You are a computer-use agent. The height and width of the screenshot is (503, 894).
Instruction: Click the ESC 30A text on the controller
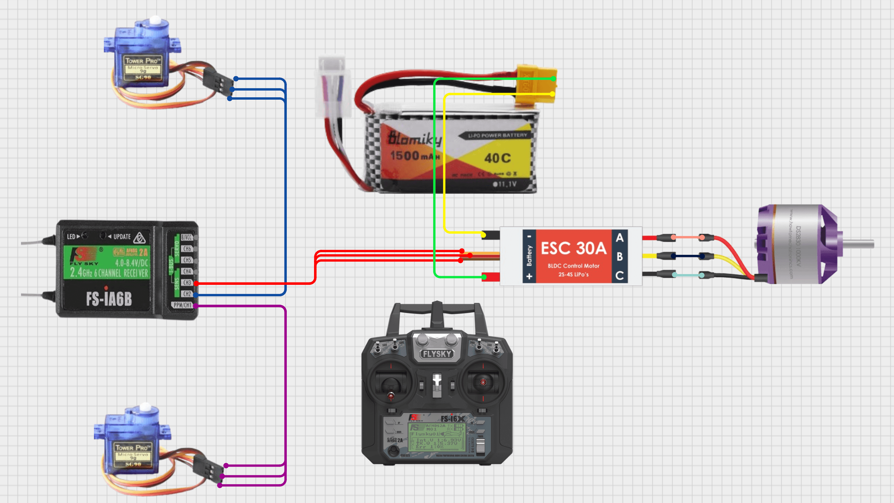coord(573,248)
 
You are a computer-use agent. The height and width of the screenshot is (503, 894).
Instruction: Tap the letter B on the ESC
coord(619,257)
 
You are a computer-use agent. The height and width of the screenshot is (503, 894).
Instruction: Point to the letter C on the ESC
coord(619,276)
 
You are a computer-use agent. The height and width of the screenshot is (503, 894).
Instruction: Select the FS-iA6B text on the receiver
coord(109,299)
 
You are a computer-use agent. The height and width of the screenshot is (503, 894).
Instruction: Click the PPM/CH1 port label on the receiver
coord(182,305)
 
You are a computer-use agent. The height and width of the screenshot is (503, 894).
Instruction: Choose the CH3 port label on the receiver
coord(187,282)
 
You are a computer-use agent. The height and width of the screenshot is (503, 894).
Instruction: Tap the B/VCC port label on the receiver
coord(186,237)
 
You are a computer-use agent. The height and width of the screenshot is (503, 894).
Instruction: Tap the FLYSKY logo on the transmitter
coord(437,354)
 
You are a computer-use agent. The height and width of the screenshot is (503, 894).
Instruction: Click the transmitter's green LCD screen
coord(436,437)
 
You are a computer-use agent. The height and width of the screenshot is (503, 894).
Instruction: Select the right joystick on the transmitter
coord(483,382)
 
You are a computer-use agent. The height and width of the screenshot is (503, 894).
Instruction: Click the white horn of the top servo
coord(155,20)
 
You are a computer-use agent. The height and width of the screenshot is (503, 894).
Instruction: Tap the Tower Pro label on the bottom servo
coord(133,448)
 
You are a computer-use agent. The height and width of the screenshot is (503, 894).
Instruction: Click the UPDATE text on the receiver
coord(122,237)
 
